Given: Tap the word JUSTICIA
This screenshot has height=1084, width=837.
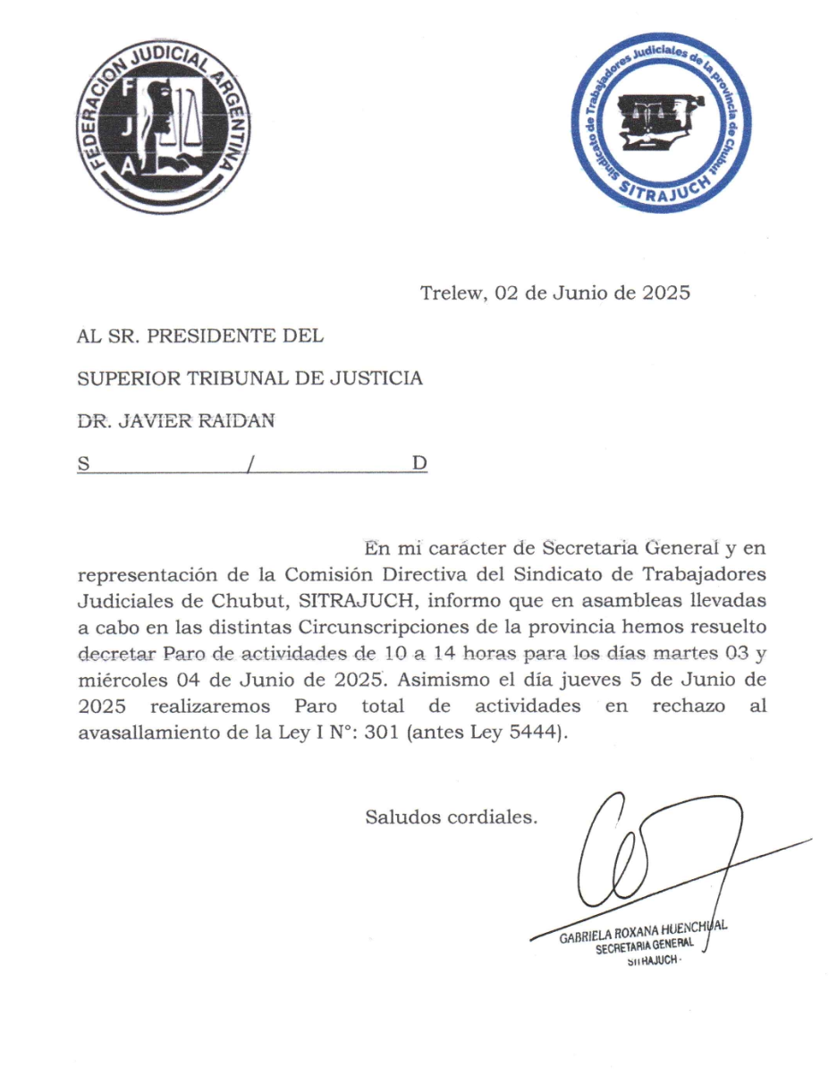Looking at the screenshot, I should coord(373,378).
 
